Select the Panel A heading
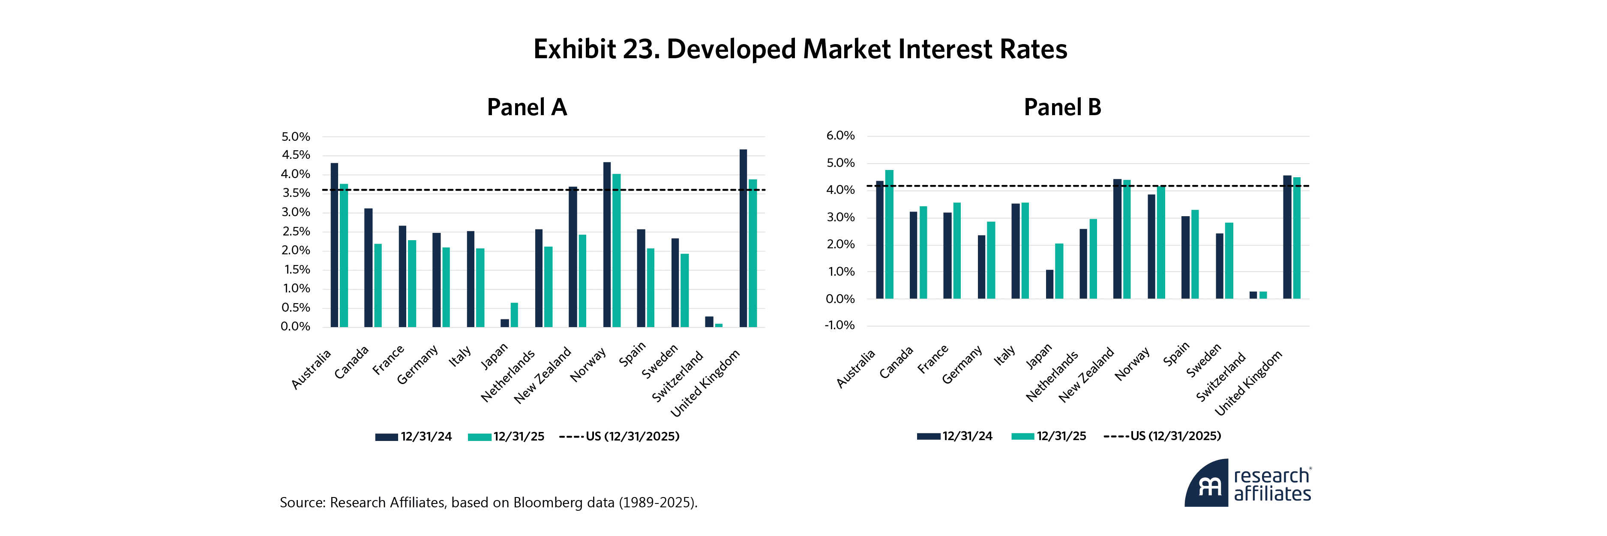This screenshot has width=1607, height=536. point(527,107)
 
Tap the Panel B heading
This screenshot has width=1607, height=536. point(1062,107)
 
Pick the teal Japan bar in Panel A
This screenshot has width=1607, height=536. point(514,315)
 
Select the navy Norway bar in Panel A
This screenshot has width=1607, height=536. point(606,244)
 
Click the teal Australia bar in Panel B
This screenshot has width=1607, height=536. point(889,234)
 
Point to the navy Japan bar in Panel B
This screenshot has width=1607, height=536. point(1049,284)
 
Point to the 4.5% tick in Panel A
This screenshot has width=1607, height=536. point(296,155)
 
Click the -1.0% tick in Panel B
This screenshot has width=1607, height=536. point(839,325)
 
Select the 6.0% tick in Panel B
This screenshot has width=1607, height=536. point(840,136)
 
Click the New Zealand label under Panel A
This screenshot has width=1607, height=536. point(543,376)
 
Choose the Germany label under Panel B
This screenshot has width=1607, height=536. point(961,365)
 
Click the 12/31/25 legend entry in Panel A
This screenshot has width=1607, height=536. point(506,436)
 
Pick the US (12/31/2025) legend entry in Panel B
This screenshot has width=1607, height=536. point(1162,436)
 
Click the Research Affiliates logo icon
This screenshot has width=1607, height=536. point(1207,484)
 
